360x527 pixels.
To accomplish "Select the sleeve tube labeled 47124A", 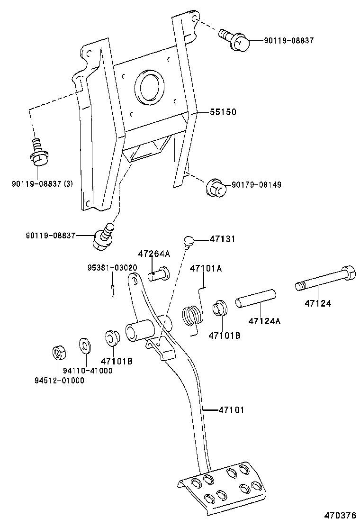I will (255, 299).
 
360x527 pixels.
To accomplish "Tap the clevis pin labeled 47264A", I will (159, 273).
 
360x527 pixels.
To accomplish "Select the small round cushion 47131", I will (189, 242).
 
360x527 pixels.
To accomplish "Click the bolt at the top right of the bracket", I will (234, 40).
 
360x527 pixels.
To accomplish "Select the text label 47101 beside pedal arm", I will (231, 409).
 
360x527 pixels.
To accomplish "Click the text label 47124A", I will (264, 321).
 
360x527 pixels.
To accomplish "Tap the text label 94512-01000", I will (59, 380).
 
